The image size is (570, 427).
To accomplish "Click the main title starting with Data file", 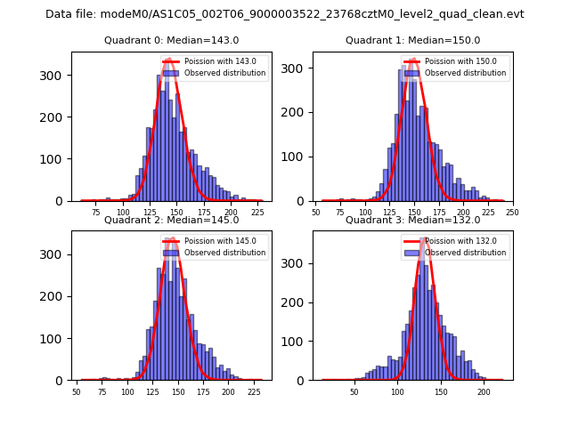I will click(x=285, y=14).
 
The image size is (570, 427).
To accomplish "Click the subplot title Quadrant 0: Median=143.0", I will click(x=170, y=40).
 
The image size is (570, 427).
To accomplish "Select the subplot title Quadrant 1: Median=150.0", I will click(x=412, y=40).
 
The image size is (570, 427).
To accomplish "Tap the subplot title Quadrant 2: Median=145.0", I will click(x=170, y=220).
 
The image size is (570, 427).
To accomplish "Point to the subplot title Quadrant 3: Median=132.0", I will click(x=412, y=220).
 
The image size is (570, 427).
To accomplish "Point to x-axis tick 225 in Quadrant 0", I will click(x=257, y=213).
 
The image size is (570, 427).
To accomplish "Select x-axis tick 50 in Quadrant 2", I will click(x=77, y=391).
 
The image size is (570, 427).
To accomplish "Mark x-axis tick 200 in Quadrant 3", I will click(x=484, y=391).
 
